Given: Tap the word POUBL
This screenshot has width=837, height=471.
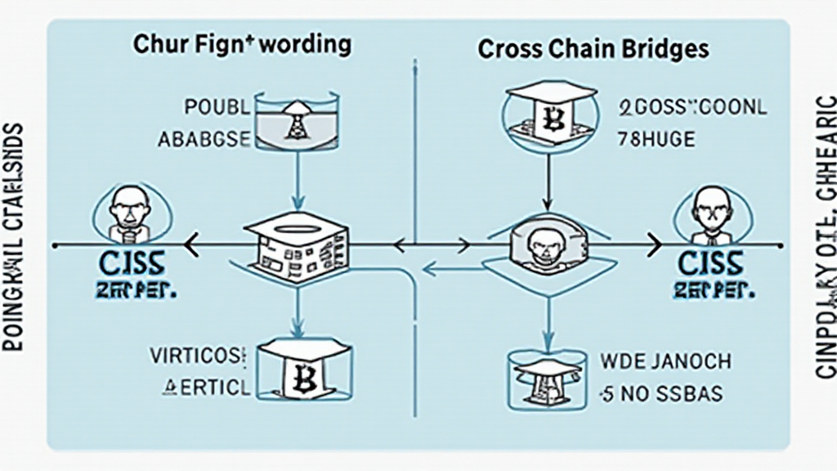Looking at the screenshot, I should tap(215, 107).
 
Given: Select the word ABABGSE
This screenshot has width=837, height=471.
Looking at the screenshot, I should tap(204, 139).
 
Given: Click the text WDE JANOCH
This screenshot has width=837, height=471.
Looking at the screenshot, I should tap(665, 361).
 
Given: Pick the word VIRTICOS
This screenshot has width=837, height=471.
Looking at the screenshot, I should tap(197, 357).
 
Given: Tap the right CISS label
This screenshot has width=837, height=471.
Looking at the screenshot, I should tap(709, 265).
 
